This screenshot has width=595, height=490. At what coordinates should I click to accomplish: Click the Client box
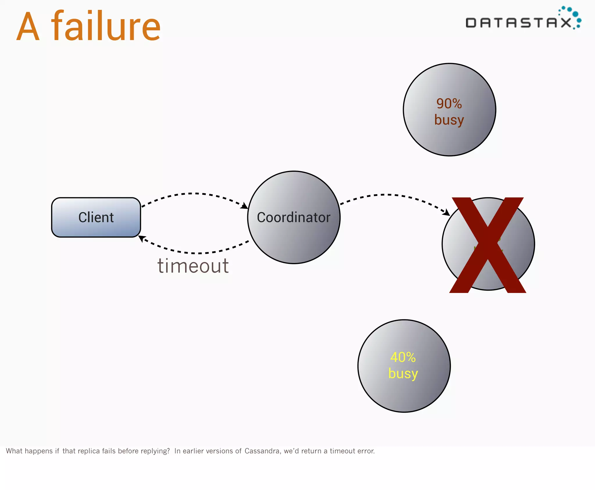point(96,217)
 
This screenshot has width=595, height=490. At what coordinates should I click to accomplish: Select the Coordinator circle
point(293,217)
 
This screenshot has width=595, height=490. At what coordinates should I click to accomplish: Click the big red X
point(488,245)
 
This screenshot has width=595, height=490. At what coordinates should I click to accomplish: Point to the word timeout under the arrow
point(193,266)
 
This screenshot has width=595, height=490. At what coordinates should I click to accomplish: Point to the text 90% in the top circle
point(449,103)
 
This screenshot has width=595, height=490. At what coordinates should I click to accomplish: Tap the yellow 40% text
point(403,357)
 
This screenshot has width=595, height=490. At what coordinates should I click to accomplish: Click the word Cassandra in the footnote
point(262,451)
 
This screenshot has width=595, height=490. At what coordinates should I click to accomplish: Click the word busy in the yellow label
point(403,373)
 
